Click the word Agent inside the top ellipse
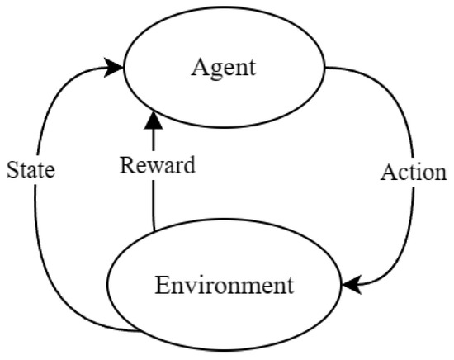click(x=223, y=67)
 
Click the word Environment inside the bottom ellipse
click(x=224, y=287)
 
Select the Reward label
click(x=157, y=165)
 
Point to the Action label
click(x=413, y=173)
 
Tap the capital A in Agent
click(x=198, y=67)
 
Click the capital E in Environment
click(x=161, y=287)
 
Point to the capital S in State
click(x=12, y=171)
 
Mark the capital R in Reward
click(x=126, y=165)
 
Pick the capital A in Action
click(x=387, y=173)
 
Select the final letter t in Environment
click(x=289, y=287)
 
